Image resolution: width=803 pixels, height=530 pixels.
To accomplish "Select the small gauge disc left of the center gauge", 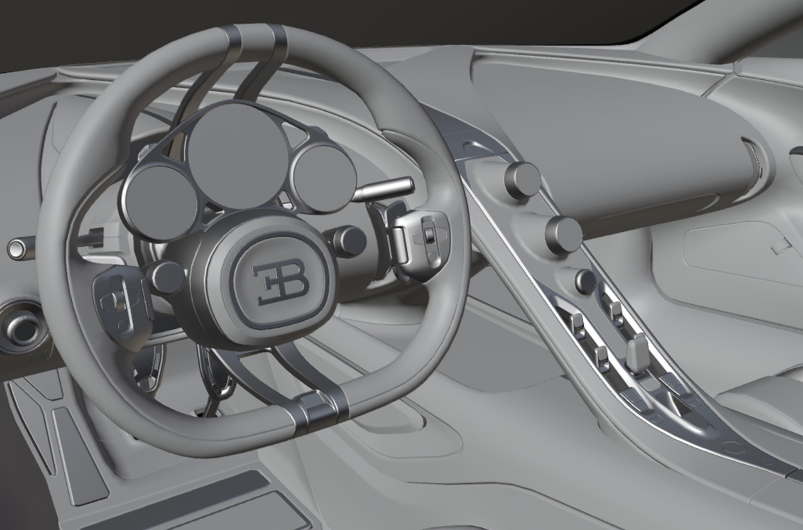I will tap(160, 201).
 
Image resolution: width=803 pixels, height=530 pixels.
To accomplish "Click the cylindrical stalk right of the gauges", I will tap(387, 188).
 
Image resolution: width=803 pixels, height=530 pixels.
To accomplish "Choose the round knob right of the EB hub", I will tap(349, 240).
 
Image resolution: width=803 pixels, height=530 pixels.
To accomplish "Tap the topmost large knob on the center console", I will tap(522, 180).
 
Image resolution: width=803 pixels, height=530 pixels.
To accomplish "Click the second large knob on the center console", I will tap(563, 235).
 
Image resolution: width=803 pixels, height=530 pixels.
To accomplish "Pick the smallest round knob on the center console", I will tap(585, 281).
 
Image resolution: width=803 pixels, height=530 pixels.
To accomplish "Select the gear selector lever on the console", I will tap(638, 352).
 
